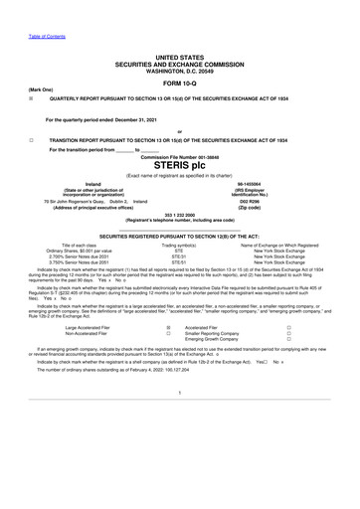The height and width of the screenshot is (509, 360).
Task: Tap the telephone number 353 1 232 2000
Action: (179, 215)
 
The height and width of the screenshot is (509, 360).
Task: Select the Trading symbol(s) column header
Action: (179, 244)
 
